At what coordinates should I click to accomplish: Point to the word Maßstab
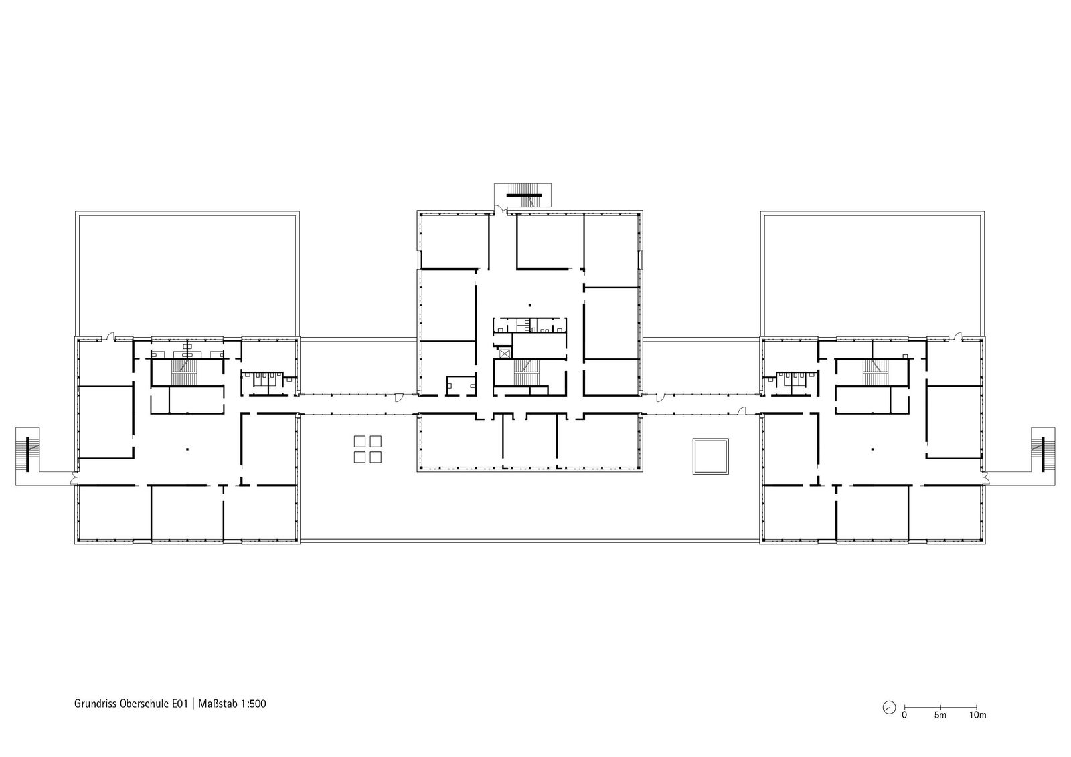point(218,704)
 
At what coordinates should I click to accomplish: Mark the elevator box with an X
point(505,354)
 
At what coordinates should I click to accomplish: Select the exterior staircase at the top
point(524,195)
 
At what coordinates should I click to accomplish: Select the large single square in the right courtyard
point(710,456)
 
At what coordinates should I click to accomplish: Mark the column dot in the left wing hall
point(187,449)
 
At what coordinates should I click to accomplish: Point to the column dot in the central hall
point(529,305)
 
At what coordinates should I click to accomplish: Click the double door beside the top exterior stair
point(500,209)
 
